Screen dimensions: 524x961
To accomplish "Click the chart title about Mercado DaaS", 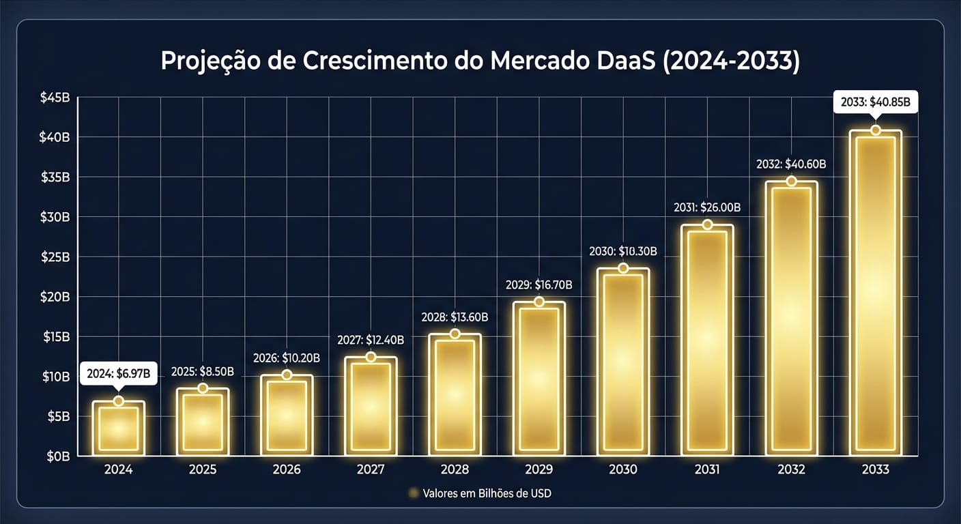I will click(480, 61).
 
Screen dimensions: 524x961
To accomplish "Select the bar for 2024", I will click(119, 428).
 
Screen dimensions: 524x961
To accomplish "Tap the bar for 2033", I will click(876, 293).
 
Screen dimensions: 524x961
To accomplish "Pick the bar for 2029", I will click(539, 379).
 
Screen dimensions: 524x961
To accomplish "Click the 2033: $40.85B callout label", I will click(876, 103).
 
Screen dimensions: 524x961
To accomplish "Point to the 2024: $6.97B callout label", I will click(119, 374).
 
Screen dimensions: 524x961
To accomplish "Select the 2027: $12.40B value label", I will click(371, 340).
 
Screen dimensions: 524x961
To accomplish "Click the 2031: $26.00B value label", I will click(707, 207).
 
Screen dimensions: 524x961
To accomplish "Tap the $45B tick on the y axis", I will click(55, 98).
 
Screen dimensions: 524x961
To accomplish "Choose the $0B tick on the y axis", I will click(57, 456).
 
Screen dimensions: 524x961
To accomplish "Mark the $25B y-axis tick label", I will click(55, 257).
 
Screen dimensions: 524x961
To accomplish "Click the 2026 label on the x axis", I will click(287, 470).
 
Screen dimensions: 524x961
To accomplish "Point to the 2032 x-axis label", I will click(792, 470).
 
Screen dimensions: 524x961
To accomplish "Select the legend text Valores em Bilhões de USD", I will click(487, 493).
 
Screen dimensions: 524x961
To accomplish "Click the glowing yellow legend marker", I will click(412, 493).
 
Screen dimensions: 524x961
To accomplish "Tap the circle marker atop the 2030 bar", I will click(623, 268).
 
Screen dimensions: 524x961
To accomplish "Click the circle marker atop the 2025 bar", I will click(203, 388).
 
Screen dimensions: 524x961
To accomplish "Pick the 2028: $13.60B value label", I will click(455, 317).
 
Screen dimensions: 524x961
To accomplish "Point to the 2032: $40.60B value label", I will click(792, 164).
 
